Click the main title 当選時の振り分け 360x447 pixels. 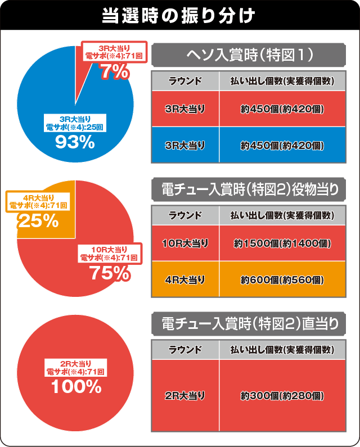click(x=179, y=15)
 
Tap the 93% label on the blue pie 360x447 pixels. click(x=74, y=142)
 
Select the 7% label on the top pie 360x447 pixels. click(x=115, y=71)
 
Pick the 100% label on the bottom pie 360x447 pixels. click(x=76, y=387)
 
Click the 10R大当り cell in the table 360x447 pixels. click(x=186, y=243)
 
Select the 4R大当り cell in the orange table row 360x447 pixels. click(x=186, y=279)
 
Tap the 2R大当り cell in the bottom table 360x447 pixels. click(x=186, y=396)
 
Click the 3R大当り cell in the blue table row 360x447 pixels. click(x=186, y=145)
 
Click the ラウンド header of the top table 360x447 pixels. click(x=186, y=81)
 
